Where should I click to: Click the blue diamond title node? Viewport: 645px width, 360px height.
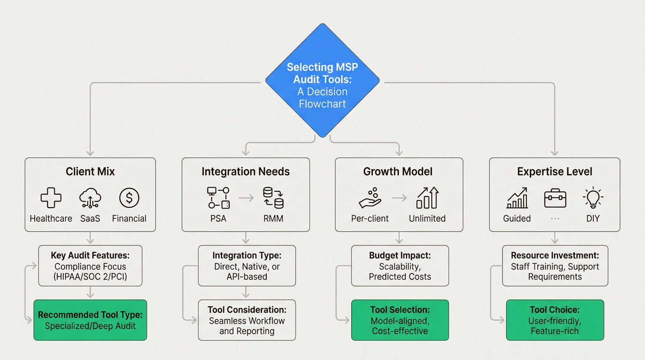pyautogui.click(x=322, y=81)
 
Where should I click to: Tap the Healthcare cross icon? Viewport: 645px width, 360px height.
pyautogui.click(x=51, y=198)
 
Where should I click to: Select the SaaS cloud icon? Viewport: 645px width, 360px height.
pyautogui.click(x=90, y=198)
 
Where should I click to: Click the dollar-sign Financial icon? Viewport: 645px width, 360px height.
pyautogui.click(x=129, y=198)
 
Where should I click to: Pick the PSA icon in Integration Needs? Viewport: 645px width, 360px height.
pyautogui.click(x=218, y=198)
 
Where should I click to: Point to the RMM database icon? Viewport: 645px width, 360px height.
pyautogui.click(x=273, y=198)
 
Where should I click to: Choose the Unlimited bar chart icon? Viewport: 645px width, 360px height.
pyautogui.click(x=427, y=198)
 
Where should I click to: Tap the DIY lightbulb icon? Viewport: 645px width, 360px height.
pyautogui.click(x=593, y=198)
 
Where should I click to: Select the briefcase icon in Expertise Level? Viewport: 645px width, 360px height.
pyautogui.click(x=555, y=199)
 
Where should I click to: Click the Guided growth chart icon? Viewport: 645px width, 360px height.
pyautogui.click(x=517, y=198)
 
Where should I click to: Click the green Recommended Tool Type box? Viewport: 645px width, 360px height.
pyautogui.click(x=90, y=320)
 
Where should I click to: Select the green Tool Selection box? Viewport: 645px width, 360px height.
pyautogui.click(x=400, y=320)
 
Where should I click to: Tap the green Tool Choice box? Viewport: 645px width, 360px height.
pyautogui.click(x=555, y=320)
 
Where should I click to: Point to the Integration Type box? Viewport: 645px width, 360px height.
pyautogui.click(x=247, y=266)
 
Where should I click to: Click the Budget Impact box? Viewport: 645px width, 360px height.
pyautogui.click(x=400, y=266)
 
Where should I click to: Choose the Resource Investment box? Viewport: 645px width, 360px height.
pyautogui.click(x=555, y=266)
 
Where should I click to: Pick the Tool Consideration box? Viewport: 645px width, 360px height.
pyautogui.click(x=247, y=320)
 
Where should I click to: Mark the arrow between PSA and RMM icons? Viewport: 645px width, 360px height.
pyautogui.click(x=246, y=198)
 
